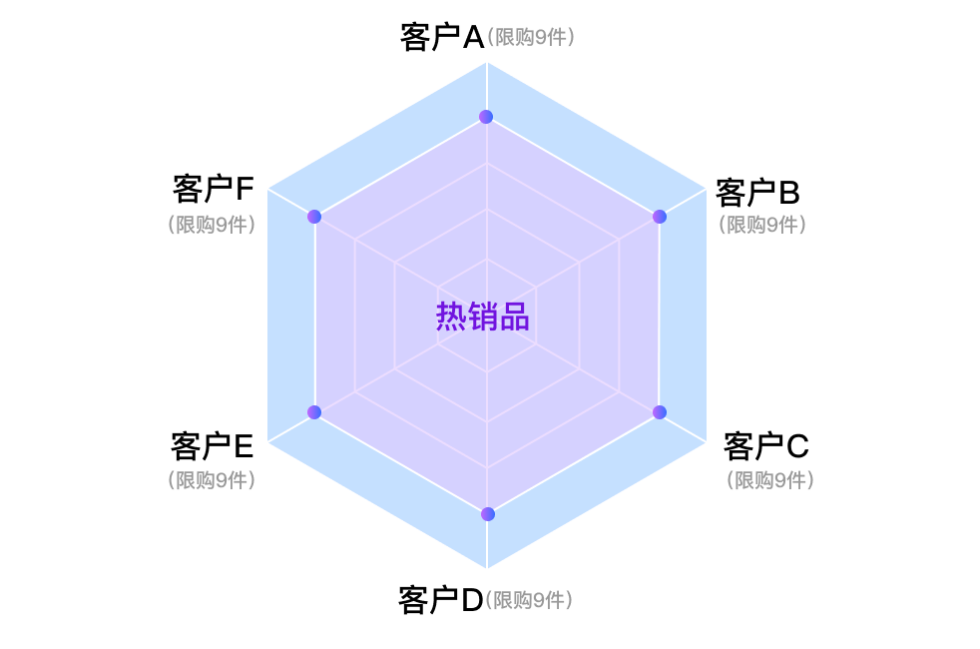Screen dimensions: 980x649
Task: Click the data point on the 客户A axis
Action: tap(486, 116)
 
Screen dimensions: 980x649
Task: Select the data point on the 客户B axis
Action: tap(660, 217)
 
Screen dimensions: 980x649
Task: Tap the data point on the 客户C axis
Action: tap(660, 412)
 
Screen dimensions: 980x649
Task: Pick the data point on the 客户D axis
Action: tap(487, 514)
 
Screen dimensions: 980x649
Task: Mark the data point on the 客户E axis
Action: tap(314, 412)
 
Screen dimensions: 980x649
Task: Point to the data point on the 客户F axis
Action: tap(314, 217)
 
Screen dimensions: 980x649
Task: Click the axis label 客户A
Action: tap(442, 37)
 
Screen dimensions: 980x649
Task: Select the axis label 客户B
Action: tap(757, 193)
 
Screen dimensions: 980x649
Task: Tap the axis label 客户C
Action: tap(766, 445)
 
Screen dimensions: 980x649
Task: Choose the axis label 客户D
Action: tap(441, 600)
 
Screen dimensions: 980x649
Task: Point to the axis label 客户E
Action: tap(212, 445)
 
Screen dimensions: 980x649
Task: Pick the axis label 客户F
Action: tap(214, 189)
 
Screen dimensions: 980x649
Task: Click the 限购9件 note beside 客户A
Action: tap(531, 37)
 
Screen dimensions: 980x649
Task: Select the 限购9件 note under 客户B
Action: tap(761, 225)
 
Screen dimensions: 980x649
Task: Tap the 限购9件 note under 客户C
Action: tap(770, 480)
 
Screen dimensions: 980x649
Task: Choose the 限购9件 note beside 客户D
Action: tap(529, 600)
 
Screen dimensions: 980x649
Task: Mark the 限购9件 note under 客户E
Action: tap(212, 480)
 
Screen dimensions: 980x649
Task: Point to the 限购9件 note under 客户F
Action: tap(212, 225)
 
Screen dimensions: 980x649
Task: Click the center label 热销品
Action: tap(482, 316)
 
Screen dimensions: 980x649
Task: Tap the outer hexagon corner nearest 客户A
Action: tap(487, 63)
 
